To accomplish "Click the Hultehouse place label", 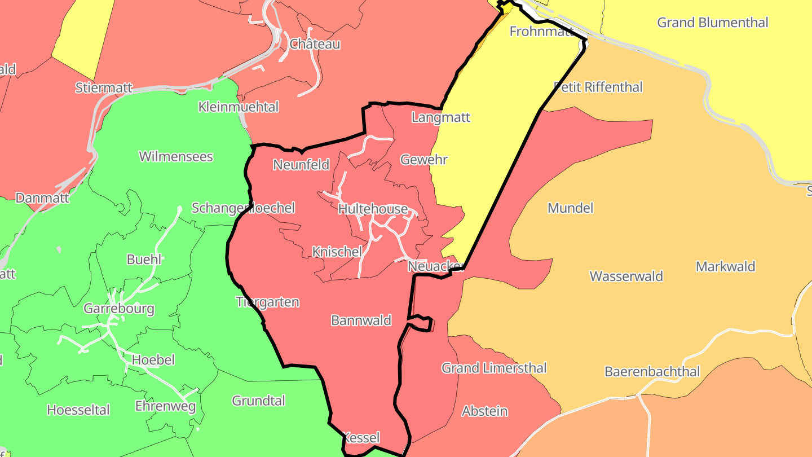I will (x=373, y=209).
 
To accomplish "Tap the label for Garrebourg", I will (x=118, y=309).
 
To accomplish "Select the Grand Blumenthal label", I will (x=713, y=23).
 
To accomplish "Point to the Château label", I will (x=315, y=44).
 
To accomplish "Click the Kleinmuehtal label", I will (x=239, y=107).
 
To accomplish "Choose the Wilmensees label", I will (x=176, y=157).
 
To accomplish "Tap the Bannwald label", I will (x=361, y=321).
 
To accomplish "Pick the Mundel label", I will (x=571, y=208).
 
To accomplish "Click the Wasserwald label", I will (x=626, y=276).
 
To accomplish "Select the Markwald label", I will (x=725, y=267).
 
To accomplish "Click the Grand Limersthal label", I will (x=494, y=368).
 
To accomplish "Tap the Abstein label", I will (x=484, y=411).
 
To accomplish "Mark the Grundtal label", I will (x=259, y=401).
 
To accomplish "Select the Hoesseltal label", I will (x=78, y=410).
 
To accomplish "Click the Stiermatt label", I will (x=104, y=88).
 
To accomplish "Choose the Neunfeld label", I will (x=301, y=165).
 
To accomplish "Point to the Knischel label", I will (x=337, y=252).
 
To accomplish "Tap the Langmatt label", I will (x=440, y=118).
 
